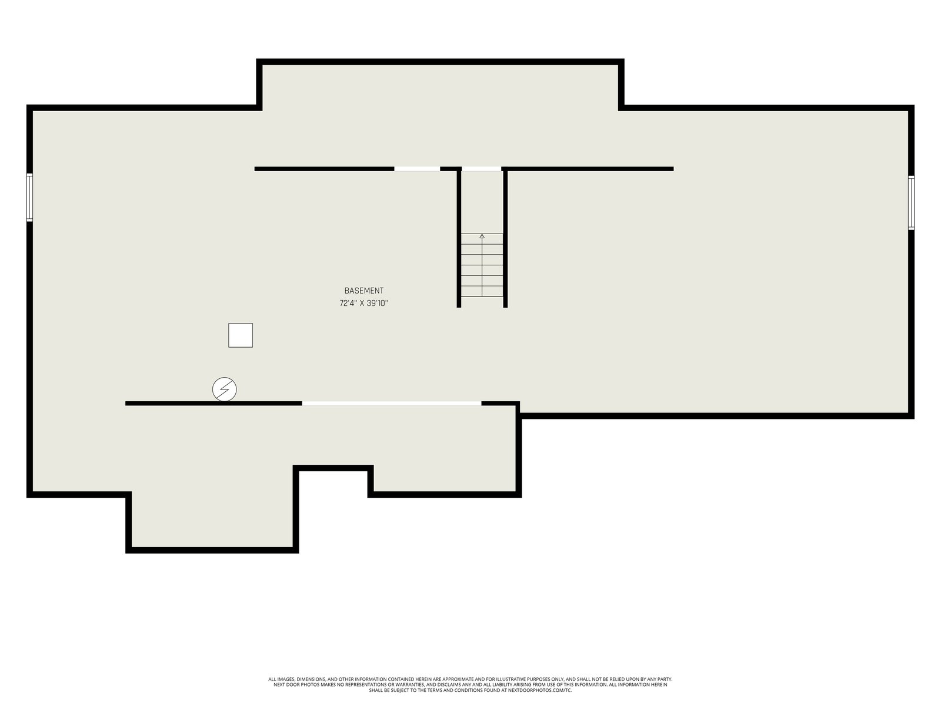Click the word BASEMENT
[363, 291]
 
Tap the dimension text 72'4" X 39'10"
[363, 303]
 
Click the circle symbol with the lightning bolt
[224, 389]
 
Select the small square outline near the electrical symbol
[241, 335]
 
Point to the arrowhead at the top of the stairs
[482, 236]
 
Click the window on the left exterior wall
[29, 197]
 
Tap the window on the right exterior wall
[911, 202]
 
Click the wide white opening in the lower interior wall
[392, 404]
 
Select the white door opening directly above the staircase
[482, 169]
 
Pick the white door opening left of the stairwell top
[417, 169]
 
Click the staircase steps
[482, 265]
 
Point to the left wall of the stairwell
[459, 238]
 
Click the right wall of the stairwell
[505, 238]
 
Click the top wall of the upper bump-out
[441, 62]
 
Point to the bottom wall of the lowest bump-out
[212, 550]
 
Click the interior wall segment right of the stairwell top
[588, 169]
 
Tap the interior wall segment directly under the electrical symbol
[213, 404]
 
